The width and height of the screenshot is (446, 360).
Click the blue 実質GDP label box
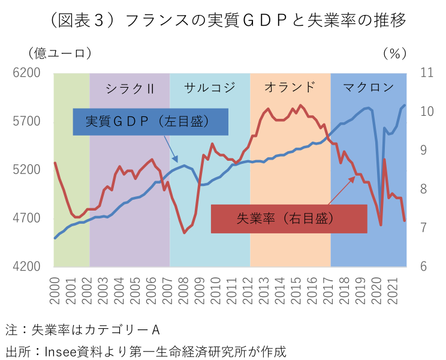(150, 122)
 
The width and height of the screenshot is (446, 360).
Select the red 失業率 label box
(289, 219)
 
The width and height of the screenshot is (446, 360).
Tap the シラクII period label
(129, 88)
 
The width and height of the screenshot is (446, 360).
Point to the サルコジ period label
(209, 87)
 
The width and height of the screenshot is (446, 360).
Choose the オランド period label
(290, 87)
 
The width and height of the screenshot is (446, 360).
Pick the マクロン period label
(369, 87)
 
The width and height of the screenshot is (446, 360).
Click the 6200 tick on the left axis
(28, 73)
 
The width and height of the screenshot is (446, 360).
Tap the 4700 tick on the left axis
(28, 218)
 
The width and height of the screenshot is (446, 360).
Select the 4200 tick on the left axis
(28, 266)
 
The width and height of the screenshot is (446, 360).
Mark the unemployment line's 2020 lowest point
(381, 225)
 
